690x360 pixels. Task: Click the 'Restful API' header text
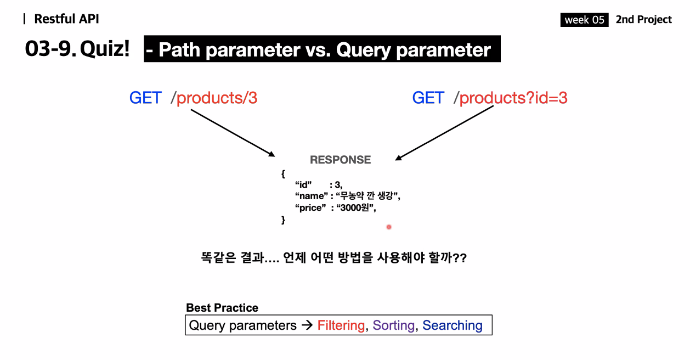66,19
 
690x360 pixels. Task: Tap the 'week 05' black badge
584,20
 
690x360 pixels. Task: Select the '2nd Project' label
643,19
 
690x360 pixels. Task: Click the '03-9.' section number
50,49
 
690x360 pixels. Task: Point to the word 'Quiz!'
105,49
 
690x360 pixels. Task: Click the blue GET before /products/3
145,98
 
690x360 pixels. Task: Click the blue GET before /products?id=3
428,98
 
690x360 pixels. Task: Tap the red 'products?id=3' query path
513,98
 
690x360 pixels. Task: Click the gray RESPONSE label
341,160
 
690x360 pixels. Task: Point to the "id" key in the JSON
303,184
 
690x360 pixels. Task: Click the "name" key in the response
312,196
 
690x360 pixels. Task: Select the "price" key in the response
310,208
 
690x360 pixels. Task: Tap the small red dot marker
389,227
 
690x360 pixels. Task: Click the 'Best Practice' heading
222,308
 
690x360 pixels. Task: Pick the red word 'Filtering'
341,325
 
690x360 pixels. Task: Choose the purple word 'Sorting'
394,325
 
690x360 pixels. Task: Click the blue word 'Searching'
453,325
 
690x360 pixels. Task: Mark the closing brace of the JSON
283,220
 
